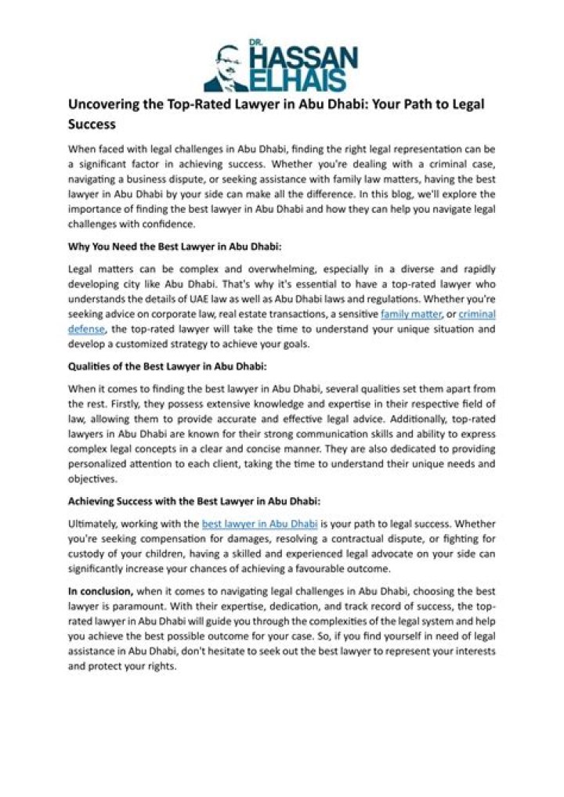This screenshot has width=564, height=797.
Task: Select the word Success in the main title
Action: [x=92, y=124]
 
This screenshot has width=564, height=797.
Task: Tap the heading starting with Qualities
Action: [x=167, y=366]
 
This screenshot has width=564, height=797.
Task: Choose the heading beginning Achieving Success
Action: [x=194, y=500]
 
